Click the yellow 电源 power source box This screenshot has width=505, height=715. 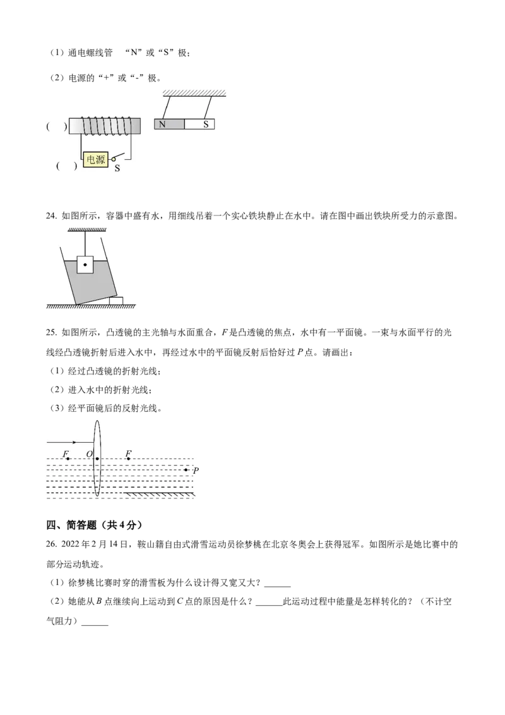pos(96,160)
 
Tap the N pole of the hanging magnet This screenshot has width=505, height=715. pos(170,124)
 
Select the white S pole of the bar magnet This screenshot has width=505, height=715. pos(199,124)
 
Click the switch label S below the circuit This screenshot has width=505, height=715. pos(117,168)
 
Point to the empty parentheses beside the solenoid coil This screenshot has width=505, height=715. pos(57,126)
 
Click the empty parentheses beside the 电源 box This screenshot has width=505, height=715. pos(66,166)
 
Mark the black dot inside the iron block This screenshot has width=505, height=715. pos(85,265)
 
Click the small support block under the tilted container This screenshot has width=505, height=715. pos(116,301)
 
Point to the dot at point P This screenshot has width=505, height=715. pos(186,470)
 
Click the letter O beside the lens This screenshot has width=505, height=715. pos(90,454)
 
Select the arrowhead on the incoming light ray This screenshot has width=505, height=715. pos(73,442)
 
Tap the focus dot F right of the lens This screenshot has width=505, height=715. pos(129,459)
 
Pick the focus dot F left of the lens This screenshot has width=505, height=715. pos(68,459)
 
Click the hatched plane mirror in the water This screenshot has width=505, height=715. pos(160,495)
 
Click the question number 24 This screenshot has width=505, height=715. pos(51,216)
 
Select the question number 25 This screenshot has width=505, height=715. pos(51,332)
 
